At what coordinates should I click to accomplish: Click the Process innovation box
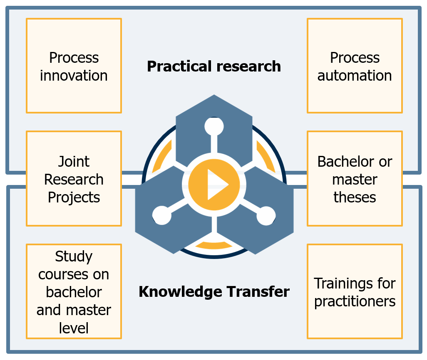74,66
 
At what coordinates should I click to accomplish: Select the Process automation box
355,66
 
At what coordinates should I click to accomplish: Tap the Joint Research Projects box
74,178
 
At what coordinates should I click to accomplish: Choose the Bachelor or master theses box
355,178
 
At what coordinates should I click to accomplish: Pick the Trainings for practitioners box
355,291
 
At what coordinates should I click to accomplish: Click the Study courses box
74,291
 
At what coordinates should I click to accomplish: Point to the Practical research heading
214,67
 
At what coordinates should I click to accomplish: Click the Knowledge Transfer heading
214,292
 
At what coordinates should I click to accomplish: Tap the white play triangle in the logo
216,185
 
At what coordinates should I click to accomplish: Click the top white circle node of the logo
214,126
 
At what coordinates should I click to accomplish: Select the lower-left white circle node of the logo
162,215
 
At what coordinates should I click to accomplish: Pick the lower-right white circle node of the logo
266,215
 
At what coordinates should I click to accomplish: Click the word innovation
74,75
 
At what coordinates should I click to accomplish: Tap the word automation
355,75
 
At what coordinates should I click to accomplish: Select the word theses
355,197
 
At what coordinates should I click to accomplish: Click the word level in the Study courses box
74,328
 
